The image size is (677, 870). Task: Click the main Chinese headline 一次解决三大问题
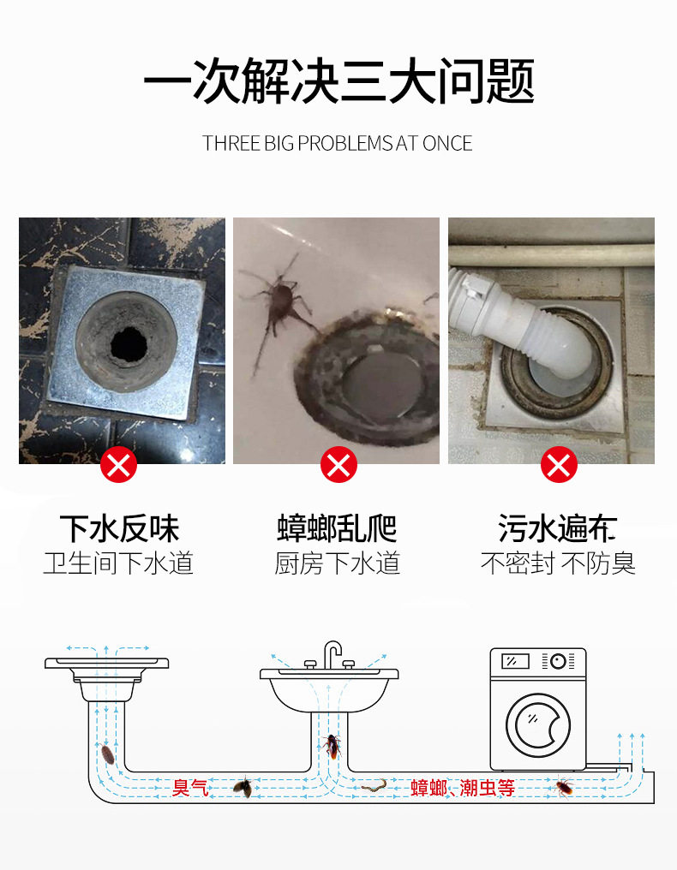338,81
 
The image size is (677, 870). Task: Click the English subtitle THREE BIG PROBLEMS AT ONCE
337,144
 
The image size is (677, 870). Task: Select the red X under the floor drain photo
118,464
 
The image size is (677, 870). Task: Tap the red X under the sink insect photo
338,464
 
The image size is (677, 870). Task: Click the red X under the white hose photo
559,464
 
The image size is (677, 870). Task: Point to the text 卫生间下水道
118,563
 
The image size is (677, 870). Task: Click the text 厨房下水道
337,563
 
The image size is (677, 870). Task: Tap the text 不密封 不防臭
558,563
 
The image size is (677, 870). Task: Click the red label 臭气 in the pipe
190,788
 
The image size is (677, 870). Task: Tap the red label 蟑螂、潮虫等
463,788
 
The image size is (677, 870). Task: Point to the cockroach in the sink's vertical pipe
333,747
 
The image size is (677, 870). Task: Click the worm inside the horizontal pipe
374,785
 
